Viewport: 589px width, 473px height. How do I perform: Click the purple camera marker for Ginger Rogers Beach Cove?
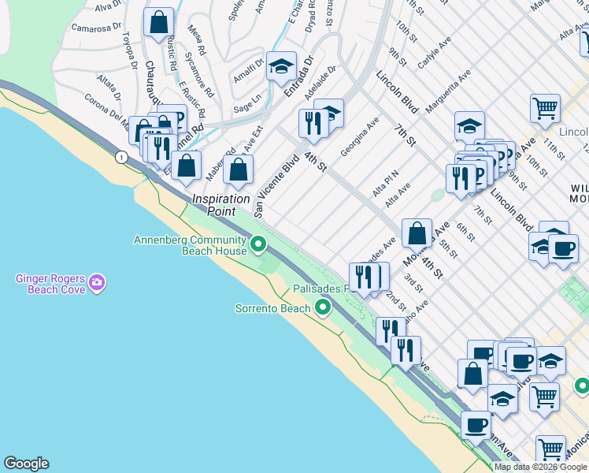click(x=97, y=282)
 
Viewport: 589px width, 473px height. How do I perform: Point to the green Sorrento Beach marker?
click(x=322, y=307)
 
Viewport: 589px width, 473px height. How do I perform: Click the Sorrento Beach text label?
click(x=273, y=308)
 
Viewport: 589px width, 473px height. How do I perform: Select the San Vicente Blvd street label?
click(x=278, y=173)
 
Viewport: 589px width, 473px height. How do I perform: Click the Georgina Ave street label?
click(x=360, y=136)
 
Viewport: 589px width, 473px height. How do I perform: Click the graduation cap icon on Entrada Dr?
click(x=281, y=67)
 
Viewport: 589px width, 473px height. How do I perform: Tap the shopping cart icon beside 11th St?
click(x=544, y=108)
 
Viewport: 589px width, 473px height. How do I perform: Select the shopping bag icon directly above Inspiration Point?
click(x=238, y=169)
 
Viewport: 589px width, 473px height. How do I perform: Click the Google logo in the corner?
click(x=26, y=464)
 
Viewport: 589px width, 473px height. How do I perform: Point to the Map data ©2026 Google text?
click(x=540, y=467)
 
